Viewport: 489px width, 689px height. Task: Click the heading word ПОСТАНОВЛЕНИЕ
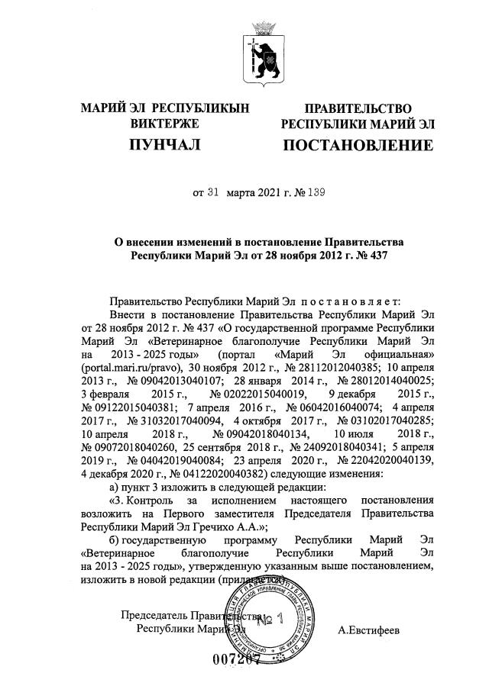[x=358, y=145]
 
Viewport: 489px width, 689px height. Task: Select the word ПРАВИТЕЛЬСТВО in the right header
[x=358, y=108]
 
